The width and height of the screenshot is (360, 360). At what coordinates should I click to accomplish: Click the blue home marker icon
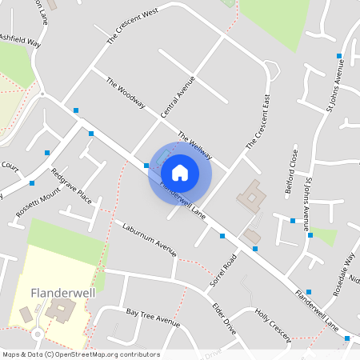click(180, 172)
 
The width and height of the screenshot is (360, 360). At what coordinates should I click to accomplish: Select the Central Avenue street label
click(178, 97)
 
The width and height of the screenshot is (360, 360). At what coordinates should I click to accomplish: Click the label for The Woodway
click(125, 93)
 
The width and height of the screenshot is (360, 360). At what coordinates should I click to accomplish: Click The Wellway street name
click(194, 145)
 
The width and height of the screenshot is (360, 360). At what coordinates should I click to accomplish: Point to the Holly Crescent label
click(272, 327)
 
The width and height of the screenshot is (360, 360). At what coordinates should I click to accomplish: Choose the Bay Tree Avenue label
click(153, 316)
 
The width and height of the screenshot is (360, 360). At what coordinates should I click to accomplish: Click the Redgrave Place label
click(71, 186)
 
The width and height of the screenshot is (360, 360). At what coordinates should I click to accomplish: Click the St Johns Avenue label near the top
click(334, 86)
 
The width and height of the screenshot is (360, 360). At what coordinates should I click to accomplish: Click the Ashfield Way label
click(20, 38)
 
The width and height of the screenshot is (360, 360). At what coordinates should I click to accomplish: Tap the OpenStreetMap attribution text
click(80, 354)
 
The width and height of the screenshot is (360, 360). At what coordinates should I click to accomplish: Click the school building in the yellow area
click(58, 310)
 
